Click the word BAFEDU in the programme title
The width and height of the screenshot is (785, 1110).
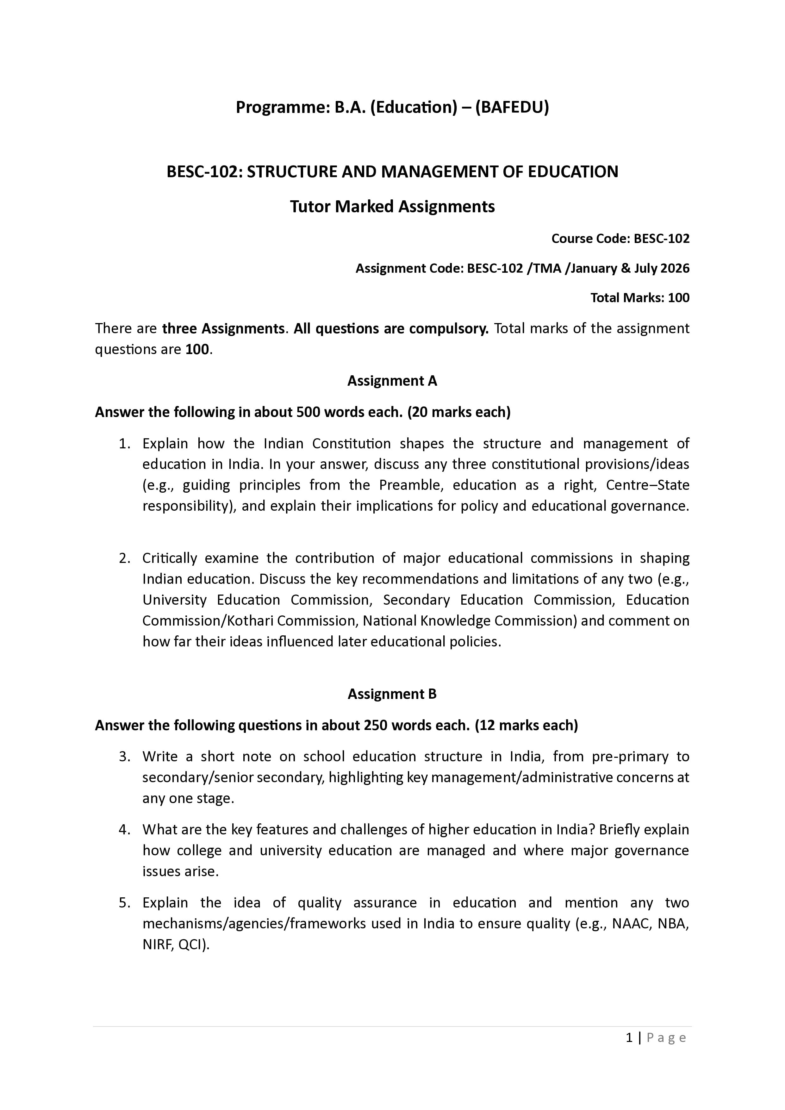pyautogui.click(x=512, y=107)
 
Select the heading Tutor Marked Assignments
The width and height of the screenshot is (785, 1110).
pyautogui.click(x=392, y=206)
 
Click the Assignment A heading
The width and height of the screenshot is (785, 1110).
pyautogui.click(x=392, y=381)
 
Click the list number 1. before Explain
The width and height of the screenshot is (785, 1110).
pyautogui.click(x=125, y=443)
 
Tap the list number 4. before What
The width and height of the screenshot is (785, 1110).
pyautogui.click(x=125, y=830)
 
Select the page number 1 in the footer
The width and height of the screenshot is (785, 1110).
pyautogui.click(x=629, y=1038)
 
